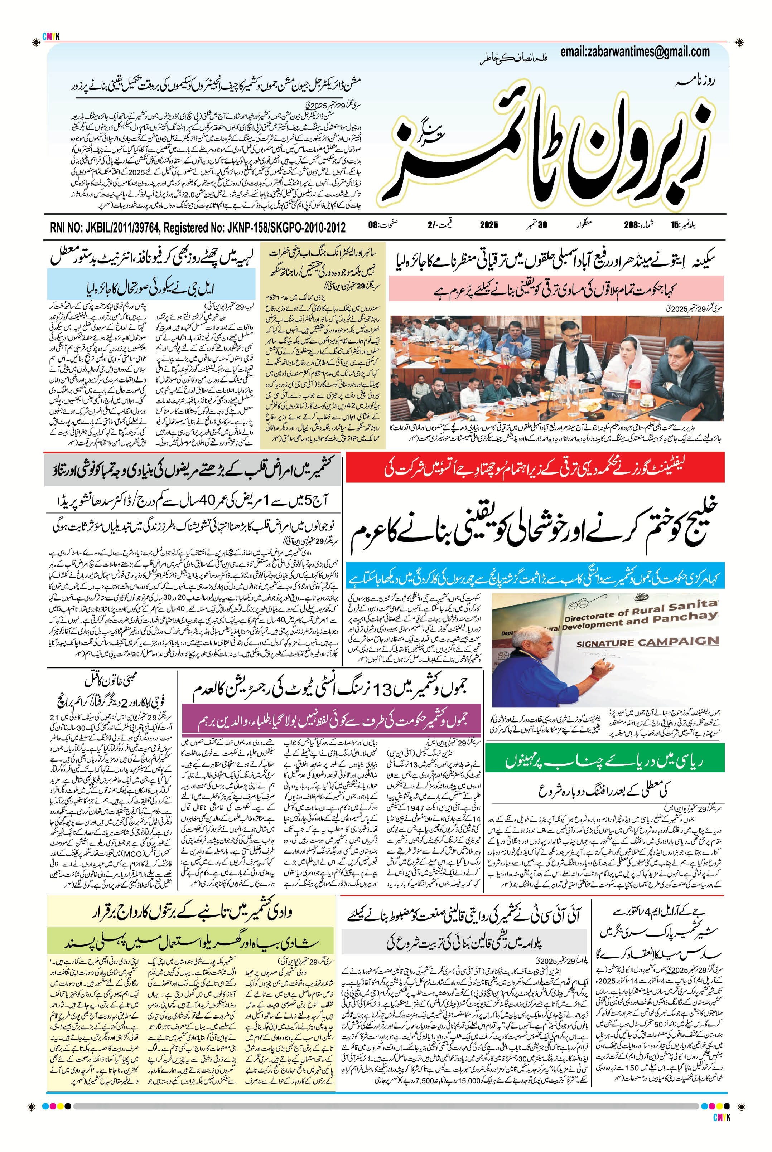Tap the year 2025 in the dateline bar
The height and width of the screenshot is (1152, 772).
(x=488, y=225)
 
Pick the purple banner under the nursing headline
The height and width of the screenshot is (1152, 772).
(x=331, y=721)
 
